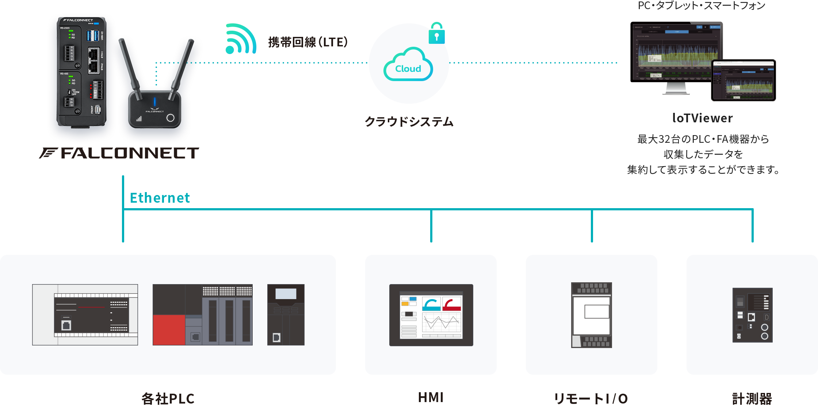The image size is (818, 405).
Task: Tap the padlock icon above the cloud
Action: pos(436,34)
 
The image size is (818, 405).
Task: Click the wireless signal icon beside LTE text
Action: pos(240,39)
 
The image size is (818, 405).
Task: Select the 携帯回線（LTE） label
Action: pos(307,42)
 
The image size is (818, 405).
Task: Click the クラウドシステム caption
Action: pos(409,122)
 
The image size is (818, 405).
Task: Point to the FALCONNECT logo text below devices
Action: pos(120,153)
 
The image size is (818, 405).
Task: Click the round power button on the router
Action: pos(170,118)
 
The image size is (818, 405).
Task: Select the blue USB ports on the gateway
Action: pos(93,36)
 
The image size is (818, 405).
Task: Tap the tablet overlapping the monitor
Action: pos(743,80)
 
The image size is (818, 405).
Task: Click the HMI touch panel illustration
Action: pos(431,315)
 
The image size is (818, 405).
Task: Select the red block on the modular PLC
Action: pos(169,330)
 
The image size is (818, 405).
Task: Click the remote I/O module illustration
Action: pos(591,315)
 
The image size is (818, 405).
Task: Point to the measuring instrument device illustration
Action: pos(752,315)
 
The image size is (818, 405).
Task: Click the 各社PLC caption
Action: pos(168,398)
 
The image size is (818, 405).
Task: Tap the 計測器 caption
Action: pos(752,398)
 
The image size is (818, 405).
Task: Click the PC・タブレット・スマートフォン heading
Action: pos(701,6)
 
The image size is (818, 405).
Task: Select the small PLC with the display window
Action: pos(286,315)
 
